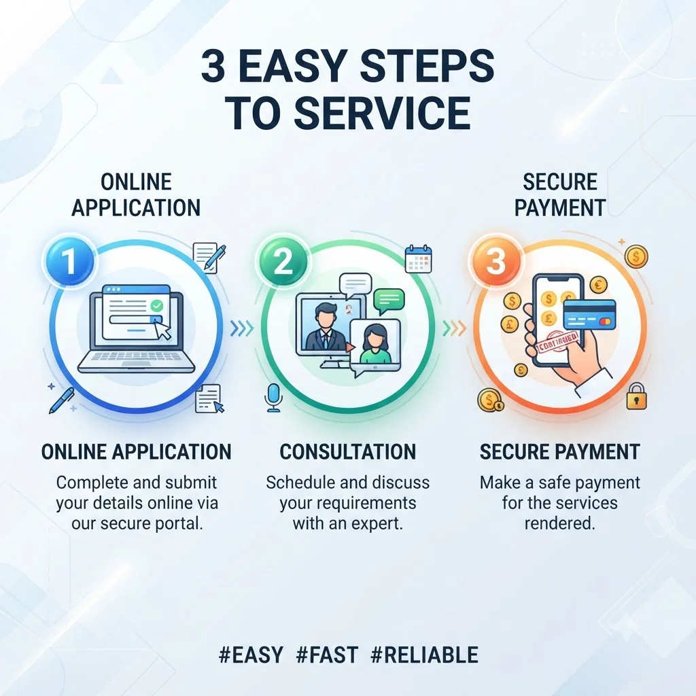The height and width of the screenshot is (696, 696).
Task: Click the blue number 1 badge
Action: [x=69, y=261]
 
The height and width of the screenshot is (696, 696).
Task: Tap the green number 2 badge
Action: [x=282, y=261]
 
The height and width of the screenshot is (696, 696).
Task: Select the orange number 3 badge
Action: [x=495, y=261]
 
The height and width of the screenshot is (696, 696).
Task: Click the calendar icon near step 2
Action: [x=419, y=259]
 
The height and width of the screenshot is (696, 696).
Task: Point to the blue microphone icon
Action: [x=273, y=397]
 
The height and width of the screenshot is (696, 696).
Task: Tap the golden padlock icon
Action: [x=636, y=396]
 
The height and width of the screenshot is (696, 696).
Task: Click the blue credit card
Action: [x=589, y=315]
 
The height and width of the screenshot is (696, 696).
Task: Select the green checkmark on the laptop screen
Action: [x=157, y=305]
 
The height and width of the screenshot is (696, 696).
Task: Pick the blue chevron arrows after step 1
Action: [x=242, y=329]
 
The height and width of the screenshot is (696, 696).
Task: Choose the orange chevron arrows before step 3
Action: [x=454, y=329]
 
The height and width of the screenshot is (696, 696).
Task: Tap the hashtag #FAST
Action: [x=327, y=655]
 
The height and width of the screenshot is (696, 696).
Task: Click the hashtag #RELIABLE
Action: [x=424, y=655]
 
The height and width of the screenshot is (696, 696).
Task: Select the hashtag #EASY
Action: [x=251, y=655]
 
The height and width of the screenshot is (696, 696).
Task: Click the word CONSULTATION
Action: [x=347, y=452]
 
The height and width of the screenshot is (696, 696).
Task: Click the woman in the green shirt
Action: [x=375, y=344]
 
